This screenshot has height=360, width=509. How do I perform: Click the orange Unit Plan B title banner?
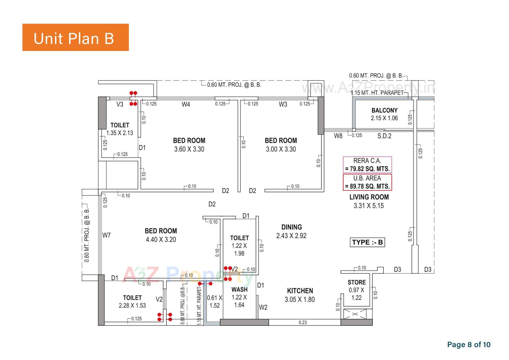(x=76, y=37)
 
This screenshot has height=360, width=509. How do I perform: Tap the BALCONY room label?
(x=384, y=110)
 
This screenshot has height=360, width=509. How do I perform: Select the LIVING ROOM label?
(x=369, y=197)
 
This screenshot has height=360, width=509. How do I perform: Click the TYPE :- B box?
(x=367, y=242)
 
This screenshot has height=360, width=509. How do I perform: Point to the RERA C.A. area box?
(x=367, y=165)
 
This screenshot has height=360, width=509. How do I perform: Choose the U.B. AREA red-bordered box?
(x=367, y=182)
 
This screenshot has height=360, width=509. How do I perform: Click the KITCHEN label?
(x=300, y=291)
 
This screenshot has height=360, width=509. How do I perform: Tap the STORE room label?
(x=357, y=282)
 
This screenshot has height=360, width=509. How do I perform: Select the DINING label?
(x=291, y=227)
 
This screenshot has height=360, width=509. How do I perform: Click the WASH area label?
(x=239, y=289)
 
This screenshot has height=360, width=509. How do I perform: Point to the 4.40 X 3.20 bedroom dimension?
(x=161, y=240)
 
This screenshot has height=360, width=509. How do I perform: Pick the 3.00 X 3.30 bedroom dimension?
(x=281, y=149)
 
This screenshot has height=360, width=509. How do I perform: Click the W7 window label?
(x=106, y=235)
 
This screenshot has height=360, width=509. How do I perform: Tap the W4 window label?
(x=186, y=105)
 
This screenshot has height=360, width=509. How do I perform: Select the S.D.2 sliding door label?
(x=384, y=136)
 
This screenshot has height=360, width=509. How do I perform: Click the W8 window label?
(x=338, y=136)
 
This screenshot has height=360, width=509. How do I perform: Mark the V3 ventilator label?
(x=120, y=105)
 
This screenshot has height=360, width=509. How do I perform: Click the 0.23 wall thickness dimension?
(x=302, y=322)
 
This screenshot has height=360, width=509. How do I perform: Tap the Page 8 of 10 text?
(x=469, y=345)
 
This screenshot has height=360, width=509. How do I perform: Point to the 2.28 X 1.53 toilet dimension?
(x=132, y=306)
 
